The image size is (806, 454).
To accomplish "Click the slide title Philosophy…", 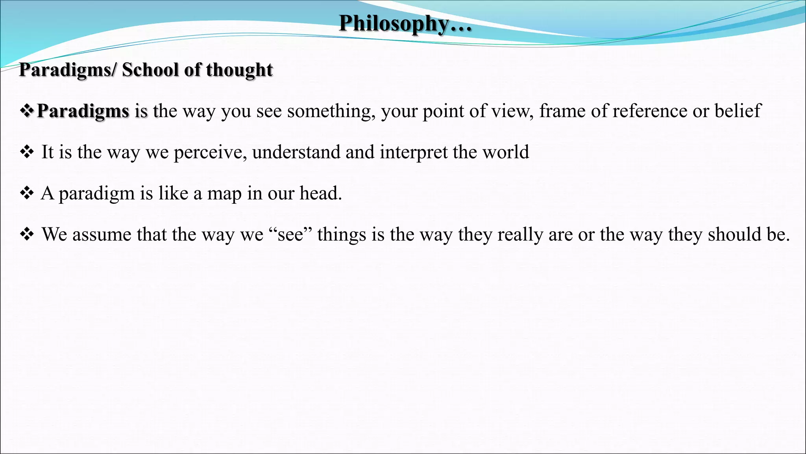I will pos(405,24).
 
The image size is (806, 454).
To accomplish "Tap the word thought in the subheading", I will pos(239,70).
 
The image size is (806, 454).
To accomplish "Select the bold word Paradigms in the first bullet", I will pos(83,111).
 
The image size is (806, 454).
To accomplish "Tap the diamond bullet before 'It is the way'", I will pos(27,152).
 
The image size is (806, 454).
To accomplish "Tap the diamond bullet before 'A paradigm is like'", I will pos(27,194).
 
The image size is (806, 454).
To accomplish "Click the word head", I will pos(320,194).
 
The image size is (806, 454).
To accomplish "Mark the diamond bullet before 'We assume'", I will pos(27,234).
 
